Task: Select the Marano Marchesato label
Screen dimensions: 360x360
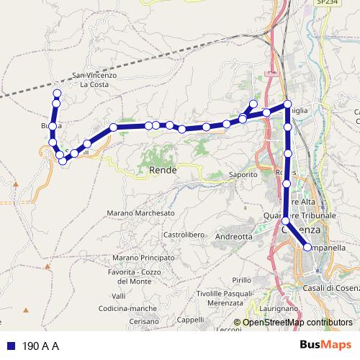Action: click(x=140, y=213)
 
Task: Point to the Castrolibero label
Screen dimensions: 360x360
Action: click(x=186, y=235)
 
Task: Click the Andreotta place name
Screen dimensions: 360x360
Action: click(x=234, y=235)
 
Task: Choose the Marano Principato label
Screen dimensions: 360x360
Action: click(x=144, y=257)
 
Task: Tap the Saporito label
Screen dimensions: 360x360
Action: click(x=243, y=175)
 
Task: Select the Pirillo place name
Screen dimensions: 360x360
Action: click(x=242, y=279)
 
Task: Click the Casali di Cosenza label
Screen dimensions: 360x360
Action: click(x=332, y=288)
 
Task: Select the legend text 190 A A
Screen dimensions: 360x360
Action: click(x=40, y=346)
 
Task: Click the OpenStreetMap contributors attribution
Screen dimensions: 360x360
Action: click(x=297, y=323)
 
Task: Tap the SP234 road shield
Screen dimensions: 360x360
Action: click(x=325, y=3)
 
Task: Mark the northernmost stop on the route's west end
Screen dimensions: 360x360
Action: click(x=57, y=94)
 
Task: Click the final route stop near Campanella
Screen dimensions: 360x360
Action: click(x=308, y=247)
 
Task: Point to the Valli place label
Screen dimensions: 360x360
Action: click(x=120, y=296)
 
